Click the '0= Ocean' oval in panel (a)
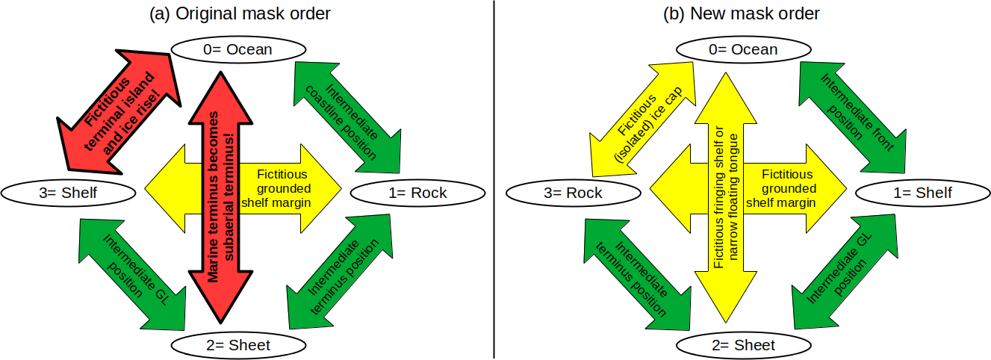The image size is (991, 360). pos(239,49)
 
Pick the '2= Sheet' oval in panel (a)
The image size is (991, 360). pos(239,345)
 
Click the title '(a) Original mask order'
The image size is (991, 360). pos(239,13)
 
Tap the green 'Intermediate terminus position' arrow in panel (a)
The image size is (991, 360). pos(338,273)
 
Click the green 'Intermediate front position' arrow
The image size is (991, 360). pos(853,113)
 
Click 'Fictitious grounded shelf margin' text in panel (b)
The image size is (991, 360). pos(789,188)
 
